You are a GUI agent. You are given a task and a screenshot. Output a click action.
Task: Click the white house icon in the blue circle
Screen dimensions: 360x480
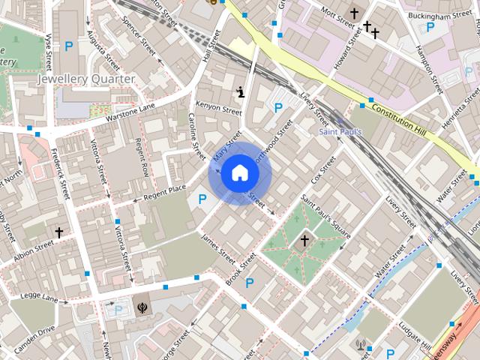tap(239, 172)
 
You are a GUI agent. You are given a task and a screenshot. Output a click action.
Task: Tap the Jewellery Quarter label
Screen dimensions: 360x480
tap(86, 79)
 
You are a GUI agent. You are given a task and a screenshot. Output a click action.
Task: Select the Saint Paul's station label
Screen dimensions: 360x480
tap(341, 133)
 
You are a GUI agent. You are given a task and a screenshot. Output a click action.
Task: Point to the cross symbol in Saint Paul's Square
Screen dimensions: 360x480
tap(304, 240)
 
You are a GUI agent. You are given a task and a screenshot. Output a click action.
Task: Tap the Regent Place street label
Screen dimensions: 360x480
tap(159, 193)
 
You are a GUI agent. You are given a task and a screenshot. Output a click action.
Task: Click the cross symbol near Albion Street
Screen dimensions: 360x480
tap(58, 233)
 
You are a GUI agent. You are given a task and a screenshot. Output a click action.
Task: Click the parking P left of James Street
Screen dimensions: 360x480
tap(202, 199)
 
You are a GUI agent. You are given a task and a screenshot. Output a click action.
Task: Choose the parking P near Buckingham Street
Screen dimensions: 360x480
tap(430, 27)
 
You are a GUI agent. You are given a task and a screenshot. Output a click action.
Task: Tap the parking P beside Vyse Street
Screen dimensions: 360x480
tap(69, 46)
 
